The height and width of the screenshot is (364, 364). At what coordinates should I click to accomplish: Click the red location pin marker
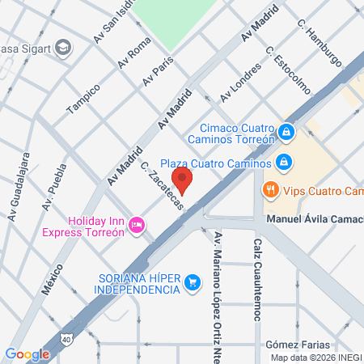tap(183, 180)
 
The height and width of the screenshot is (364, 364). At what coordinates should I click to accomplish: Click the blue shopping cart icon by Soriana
tap(192, 282)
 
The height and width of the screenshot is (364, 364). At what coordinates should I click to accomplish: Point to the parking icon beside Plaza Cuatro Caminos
tap(282, 163)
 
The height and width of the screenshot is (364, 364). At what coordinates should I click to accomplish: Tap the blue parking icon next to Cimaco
tap(286, 131)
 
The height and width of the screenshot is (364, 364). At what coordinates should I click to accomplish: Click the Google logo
tap(27, 353)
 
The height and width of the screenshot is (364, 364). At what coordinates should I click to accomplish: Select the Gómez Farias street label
tap(297, 345)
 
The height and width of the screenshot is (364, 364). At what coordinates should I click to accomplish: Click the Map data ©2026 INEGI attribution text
tap(315, 358)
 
